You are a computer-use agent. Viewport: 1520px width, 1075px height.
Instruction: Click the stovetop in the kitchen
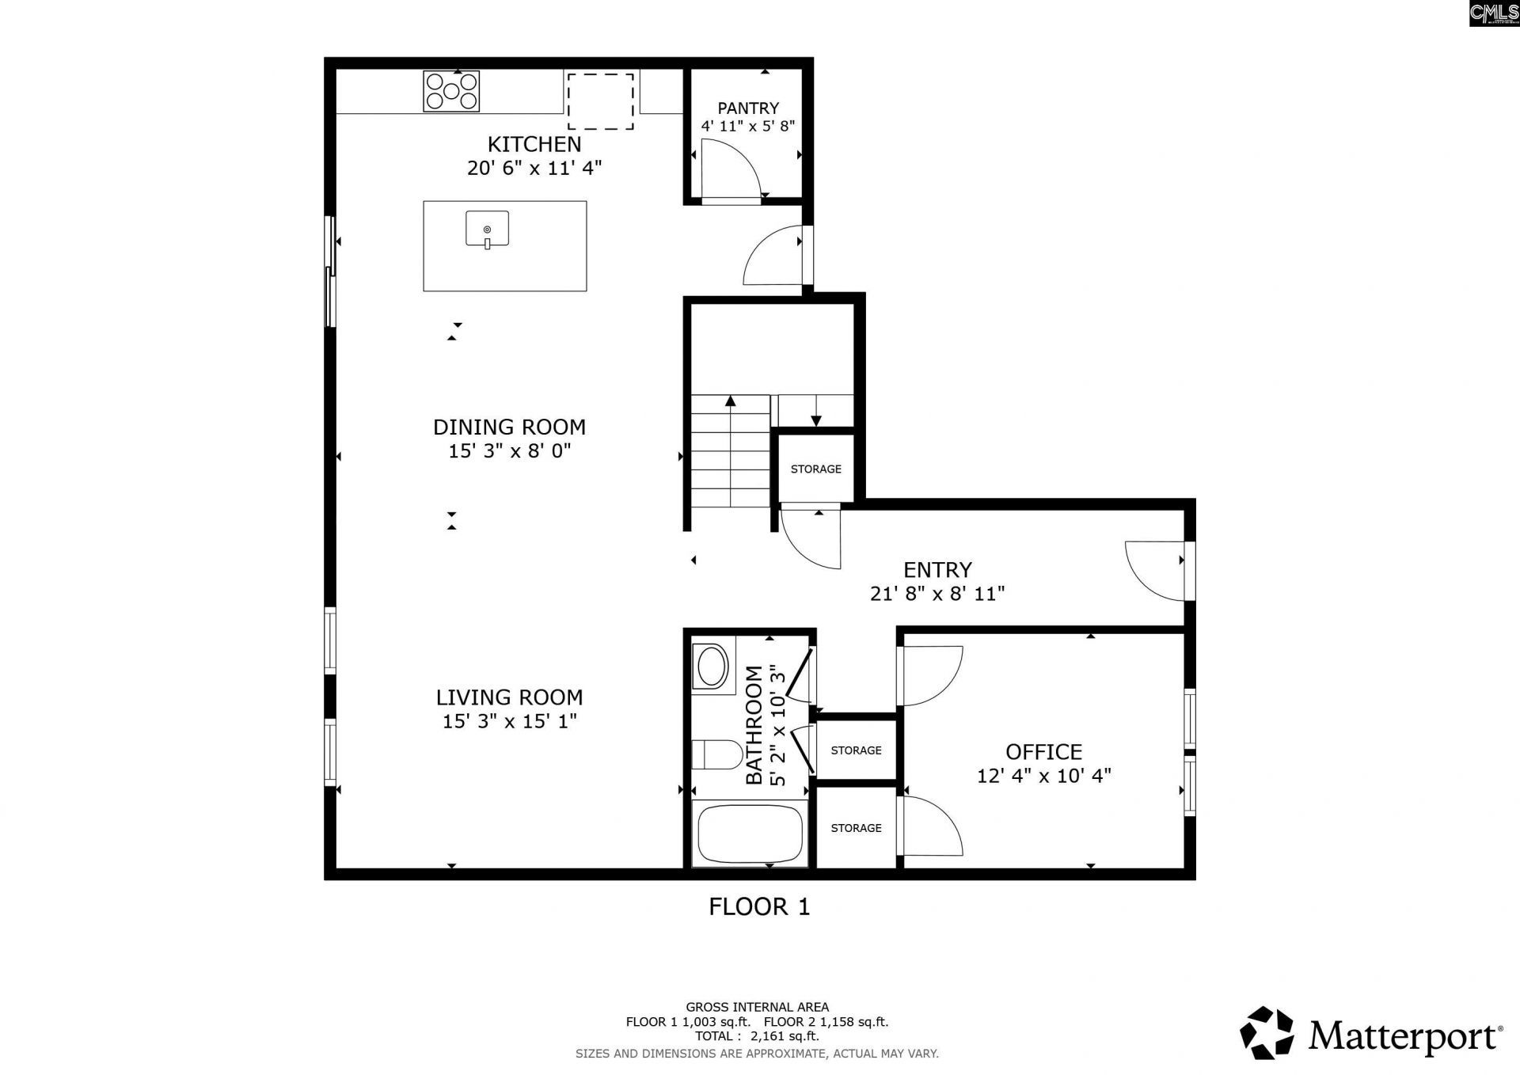451,90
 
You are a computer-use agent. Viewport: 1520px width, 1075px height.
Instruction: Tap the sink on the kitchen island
487,230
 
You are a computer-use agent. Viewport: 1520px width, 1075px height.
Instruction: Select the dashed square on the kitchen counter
601,101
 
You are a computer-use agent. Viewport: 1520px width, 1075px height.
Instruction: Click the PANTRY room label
748,108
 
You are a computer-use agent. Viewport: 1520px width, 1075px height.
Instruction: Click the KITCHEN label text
534,144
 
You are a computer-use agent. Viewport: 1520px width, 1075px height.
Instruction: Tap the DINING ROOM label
509,427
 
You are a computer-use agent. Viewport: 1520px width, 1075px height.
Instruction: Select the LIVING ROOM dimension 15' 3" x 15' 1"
509,721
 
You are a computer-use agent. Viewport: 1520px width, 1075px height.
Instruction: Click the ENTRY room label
937,570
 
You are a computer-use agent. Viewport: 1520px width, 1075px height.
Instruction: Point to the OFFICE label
1043,751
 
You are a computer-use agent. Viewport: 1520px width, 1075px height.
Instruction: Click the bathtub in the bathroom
748,834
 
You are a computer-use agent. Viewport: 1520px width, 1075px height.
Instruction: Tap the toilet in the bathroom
716,754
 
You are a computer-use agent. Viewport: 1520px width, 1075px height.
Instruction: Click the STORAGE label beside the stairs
815,469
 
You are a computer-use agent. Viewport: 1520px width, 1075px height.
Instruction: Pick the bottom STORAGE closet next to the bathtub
856,828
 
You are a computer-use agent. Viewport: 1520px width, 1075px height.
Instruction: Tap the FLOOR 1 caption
759,906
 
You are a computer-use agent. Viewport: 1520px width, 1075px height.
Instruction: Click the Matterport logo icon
1266,1032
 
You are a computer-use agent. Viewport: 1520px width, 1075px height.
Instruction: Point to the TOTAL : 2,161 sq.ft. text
757,1035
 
